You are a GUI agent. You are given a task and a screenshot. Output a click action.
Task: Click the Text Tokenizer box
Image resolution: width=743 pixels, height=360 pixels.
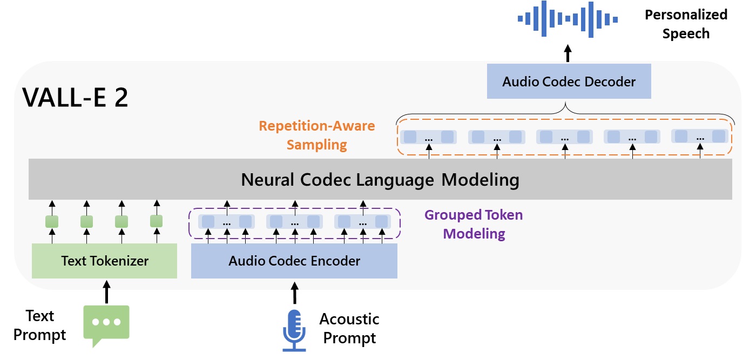[x=104, y=261]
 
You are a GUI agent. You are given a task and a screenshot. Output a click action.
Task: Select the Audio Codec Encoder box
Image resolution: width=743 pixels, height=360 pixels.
[x=294, y=261]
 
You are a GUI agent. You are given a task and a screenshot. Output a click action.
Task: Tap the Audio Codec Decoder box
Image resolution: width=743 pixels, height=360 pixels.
[x=569, y=82]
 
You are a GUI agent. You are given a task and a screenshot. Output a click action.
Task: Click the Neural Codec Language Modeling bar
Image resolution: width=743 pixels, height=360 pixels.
[x=380, y=180]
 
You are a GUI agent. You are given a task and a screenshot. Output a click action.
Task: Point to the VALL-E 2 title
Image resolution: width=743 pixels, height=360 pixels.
[x=75, y=98]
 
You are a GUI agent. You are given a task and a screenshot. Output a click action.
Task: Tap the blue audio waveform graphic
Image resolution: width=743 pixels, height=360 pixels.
[x=567, y=20]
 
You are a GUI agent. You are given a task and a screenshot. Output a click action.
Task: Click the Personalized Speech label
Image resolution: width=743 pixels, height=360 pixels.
[x=686, y=24]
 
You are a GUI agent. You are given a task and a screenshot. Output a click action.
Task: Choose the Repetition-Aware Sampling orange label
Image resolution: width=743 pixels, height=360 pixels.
[x=317, y=135]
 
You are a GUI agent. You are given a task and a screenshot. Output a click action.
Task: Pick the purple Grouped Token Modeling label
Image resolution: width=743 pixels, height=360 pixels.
[x=474, y=224]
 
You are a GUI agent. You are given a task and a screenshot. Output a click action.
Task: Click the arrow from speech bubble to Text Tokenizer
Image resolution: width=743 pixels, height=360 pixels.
[x=106, y=291]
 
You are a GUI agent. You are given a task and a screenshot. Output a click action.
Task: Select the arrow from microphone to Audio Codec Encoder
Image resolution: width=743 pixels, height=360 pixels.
[x=294, y=291]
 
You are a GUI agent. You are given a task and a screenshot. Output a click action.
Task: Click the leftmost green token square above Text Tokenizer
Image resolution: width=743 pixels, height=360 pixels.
[x=51, y=221]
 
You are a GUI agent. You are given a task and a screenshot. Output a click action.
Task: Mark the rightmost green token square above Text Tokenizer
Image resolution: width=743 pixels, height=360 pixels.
[x=156, y=221]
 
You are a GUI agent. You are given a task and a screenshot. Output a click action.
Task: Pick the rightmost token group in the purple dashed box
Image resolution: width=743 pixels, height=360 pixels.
[x=362, y=221]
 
